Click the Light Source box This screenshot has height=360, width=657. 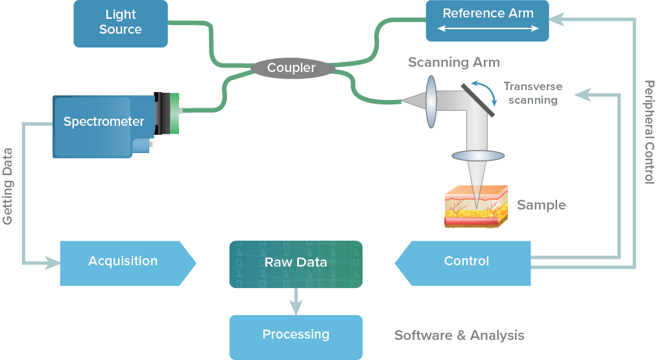pyautogui.click(x=120, y=23)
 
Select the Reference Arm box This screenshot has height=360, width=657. pyautogui.click(x=487, y=19)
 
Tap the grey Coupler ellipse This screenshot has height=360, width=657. pyautogui.click(x=291, y=67)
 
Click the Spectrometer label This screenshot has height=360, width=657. pyautogui.click(x=104, y=121)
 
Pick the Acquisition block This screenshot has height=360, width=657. pyautogui.click(x=123, y=262)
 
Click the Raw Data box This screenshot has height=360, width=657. pyautogui.click(x=296, y=263)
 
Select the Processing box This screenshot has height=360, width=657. pyautogui.click(x=296, y=336)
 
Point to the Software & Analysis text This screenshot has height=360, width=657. pyautogui.click(x=459, y=335)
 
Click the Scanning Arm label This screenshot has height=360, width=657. pyautogui.click(x=454, y=63)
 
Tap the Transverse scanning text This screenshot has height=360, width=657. pyautogui.click(x=532, y=93)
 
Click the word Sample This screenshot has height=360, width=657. pyautogui.click(x=542, y=205)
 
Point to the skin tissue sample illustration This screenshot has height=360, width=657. pyautogui.click(x=475, y=206)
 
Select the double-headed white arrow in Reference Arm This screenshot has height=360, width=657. pyautogui.click(x=488, y=29)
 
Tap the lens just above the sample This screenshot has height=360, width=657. pyautogui.click(x=478, y=156)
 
